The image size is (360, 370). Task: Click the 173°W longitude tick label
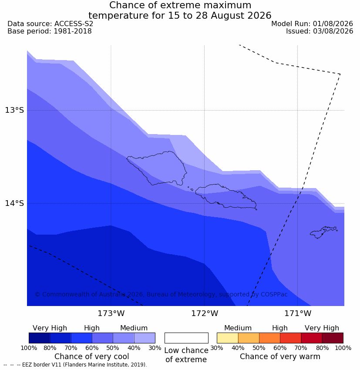pos(111,313)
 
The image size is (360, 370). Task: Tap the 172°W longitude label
pos(204,313)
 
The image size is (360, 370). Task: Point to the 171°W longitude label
pos(297,313)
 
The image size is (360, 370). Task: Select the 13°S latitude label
pos(14,110)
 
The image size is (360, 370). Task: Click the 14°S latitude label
pos(14,203)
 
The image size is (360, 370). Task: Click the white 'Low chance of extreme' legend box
pos(186,338)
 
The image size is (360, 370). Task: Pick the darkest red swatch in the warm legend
pos(333,338)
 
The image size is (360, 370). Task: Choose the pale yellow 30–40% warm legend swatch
pos(227,338)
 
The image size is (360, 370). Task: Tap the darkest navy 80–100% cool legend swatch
pos(40,338)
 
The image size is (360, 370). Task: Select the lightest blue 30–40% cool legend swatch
pos(145,338)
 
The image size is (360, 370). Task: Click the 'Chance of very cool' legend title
pos(92,357)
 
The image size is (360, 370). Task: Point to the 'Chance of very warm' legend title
pos(280,357)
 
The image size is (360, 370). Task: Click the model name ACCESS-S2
pos(74,24)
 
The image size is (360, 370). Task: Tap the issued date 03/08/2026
pos(333,31)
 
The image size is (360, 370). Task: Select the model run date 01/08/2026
pos(333,24)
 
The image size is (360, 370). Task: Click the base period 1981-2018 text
pos(73,31)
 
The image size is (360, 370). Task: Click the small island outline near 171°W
pos(323,232)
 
